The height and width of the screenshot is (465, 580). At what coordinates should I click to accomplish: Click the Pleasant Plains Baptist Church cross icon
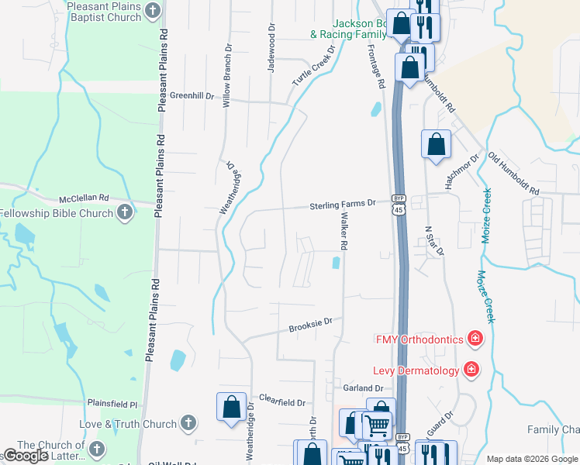153,11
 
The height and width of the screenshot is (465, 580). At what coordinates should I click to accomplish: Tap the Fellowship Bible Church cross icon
126,213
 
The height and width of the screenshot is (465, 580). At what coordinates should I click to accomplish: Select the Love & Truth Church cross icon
188,424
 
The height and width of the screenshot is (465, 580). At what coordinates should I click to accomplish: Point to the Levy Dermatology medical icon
470,370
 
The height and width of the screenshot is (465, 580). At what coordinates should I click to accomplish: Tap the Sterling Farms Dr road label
342,204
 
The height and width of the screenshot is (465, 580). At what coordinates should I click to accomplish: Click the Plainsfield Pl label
112,405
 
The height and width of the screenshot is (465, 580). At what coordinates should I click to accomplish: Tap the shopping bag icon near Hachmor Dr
436,144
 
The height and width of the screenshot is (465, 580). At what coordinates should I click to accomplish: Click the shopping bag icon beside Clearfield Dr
231,407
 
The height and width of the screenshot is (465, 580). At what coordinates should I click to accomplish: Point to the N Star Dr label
436,240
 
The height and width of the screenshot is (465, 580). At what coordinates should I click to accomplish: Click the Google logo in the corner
26,456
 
